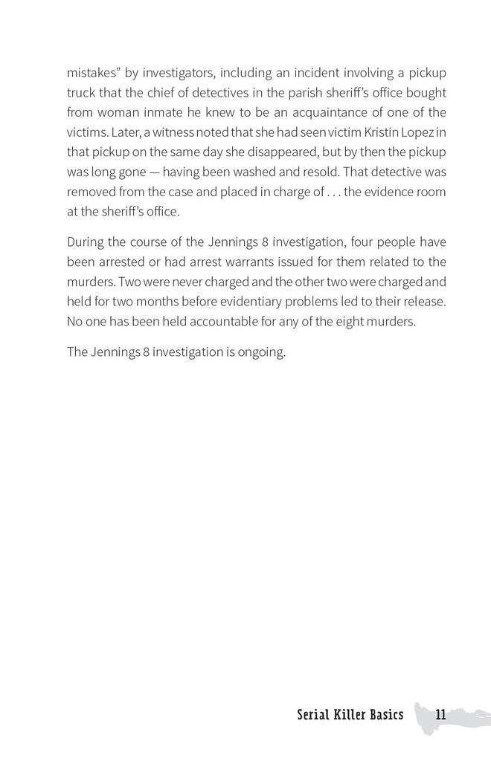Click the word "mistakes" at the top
pyautogui.click(x=92, y=73)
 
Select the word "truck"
pyautogui.click(x=83, y=93)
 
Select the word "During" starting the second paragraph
pyautogui.click(x=86, y=242)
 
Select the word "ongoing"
pyautogui.click(x=260, y=352)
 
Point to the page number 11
pyautogui.click(x=440, y=716)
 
